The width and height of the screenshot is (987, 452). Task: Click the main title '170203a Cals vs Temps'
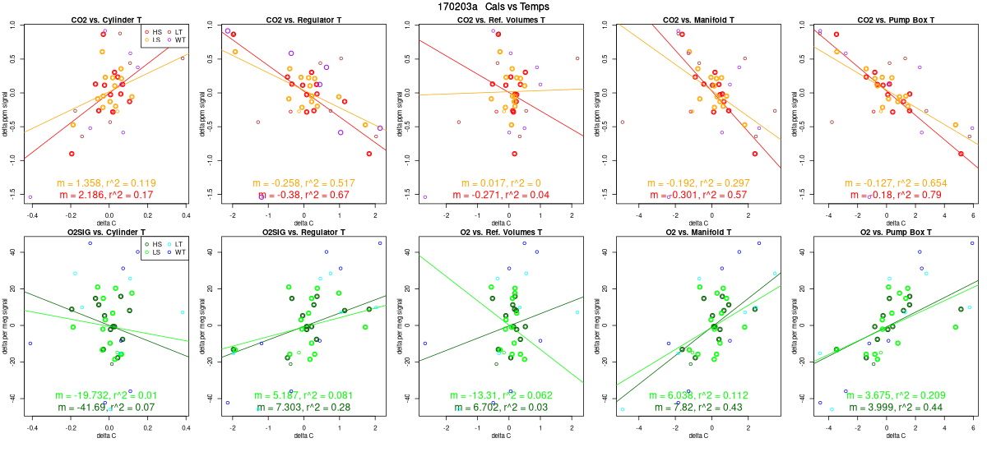pyautogui.click(x=493, y=7)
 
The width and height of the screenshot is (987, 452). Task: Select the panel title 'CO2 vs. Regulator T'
pyautogui.click(x=304, y=19)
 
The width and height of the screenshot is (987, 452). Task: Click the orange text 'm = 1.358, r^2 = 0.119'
pyautogui.click(x=106, y=182)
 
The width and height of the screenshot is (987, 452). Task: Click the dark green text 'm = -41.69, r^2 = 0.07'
pyautogui.click(x=106, y=407)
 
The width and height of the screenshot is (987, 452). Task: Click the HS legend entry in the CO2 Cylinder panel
pyautogui.click(x=153, y=31)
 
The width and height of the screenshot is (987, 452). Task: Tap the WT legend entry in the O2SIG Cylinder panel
pyautogui.click(x=178, y=252)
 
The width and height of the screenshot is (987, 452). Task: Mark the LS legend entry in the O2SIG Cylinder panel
pyautogui.click(x=153, y=252)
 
